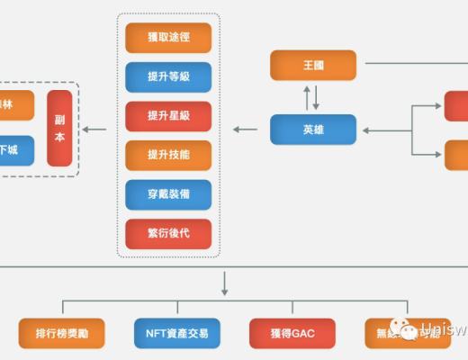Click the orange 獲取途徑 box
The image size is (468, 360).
point(168,38)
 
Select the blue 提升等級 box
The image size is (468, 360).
point(168,76)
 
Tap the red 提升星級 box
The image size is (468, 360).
point(168,116)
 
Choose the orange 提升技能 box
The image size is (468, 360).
point(168,155)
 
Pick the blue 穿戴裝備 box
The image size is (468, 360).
point(168,194)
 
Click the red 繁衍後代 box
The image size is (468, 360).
point(168,234)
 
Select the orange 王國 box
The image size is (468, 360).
point(313,65)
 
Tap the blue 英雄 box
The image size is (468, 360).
point(313,130)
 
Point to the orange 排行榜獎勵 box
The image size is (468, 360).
point(62,333)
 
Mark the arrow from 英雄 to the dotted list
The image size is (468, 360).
point(244,130)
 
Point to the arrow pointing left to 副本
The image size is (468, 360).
point(94,130)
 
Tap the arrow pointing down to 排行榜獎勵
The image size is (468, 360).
point(62,308)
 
